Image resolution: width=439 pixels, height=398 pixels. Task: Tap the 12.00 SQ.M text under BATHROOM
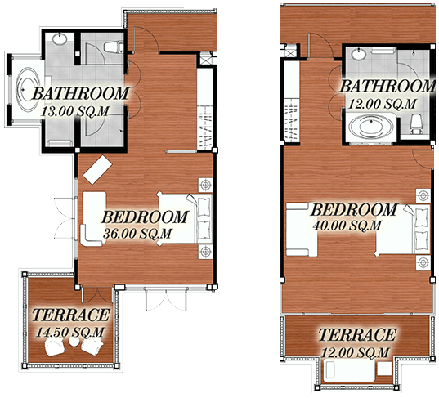click(376, 104)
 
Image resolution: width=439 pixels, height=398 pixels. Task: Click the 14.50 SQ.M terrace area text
click(70, 331)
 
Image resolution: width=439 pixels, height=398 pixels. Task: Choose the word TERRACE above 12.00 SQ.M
click(357, 335)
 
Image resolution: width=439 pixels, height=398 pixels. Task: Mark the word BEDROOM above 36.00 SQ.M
click(144, 218)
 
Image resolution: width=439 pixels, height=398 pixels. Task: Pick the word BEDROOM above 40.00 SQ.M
click(354, 208)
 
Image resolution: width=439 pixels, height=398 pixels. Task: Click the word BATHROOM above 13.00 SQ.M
click(81, 92)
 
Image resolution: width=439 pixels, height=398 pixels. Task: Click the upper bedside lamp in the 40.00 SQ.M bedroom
click(422, 195)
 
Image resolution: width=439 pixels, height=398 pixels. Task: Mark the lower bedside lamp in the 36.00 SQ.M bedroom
click(204, 250)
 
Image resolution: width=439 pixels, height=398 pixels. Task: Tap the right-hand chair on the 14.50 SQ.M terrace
click(91, 348)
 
